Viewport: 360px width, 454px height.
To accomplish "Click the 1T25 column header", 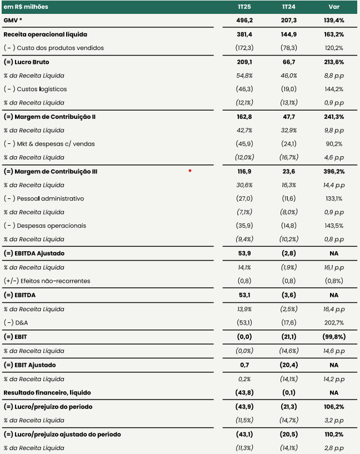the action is (x=244, y=7).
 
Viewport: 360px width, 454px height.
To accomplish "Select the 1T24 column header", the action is (x=288, y=7).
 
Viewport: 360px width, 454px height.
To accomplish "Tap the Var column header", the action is (x=334, y=7).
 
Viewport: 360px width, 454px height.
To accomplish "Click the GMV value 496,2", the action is (x=244, y=20).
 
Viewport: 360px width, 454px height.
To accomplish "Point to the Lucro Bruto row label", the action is (x=26, y=62).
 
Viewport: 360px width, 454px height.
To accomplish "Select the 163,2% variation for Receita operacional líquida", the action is (x=334, y=34).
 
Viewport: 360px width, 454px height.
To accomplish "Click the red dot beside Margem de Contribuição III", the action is (x=190, y=171).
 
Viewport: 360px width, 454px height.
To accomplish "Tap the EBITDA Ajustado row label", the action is (x=34, y=253).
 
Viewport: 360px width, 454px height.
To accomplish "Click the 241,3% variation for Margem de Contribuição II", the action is (x=334, y=117).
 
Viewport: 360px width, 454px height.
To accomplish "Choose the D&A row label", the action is (x=16, y=322).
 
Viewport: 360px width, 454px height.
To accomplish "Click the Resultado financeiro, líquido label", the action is (x=47, y=393).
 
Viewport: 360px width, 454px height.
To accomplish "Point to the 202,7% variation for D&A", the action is (x=334, y=322).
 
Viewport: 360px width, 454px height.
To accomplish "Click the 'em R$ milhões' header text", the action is (x=26, y=7).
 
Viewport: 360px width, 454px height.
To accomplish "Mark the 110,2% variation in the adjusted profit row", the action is (x=334, y=435).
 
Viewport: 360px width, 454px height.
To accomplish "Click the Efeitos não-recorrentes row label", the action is (x=47, y=281).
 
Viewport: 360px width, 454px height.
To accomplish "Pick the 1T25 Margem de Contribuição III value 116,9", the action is (x=244, y=171).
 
